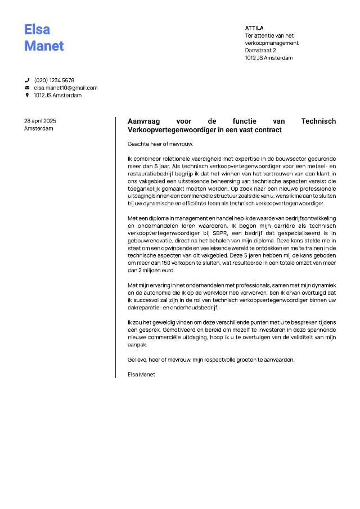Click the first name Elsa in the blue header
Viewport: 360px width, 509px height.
tap(37, 29)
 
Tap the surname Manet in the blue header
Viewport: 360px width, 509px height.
tap(44, 46)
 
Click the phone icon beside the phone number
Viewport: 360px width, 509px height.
tap(27, 80)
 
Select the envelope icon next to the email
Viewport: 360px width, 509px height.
tap(27, 88)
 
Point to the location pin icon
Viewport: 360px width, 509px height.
tap(27, 96)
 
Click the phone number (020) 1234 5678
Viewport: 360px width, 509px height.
tap(54, 80)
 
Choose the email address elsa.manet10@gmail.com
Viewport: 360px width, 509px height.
tap(66, 88)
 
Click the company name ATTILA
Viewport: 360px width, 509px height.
tap(254, 28)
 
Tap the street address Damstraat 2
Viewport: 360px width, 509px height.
tap(260, 51)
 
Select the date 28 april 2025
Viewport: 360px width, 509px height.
tap(40, 121)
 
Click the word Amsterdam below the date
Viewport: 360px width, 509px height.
tap(39, 129)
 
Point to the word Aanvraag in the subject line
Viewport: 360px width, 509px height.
tap(144, 121)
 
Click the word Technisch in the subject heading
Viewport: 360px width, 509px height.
tap(318, 121)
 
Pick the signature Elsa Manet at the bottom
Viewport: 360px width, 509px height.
tap(141, 374)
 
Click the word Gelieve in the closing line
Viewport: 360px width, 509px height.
tap(137, 359)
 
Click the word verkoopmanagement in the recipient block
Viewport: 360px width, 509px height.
tap(272, 43)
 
